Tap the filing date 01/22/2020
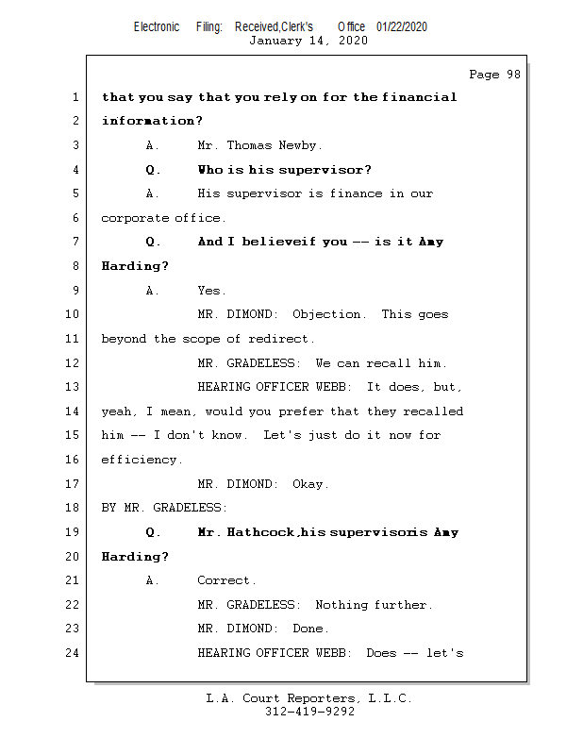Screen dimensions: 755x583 (401, 27)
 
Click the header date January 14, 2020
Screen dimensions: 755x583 (308, 41)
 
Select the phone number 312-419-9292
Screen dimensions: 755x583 (309, 712)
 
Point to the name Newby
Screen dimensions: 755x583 (300, 145)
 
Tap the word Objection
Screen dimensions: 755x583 (326, 314)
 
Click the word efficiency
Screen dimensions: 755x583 (139, 460)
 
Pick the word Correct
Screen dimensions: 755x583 (225, 580)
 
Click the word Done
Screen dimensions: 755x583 (310, 629)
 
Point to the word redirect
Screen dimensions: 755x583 (282, 339)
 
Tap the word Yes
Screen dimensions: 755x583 (210, 291)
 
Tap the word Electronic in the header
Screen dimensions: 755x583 (157, 27)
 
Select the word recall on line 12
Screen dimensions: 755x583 (396, 363)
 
